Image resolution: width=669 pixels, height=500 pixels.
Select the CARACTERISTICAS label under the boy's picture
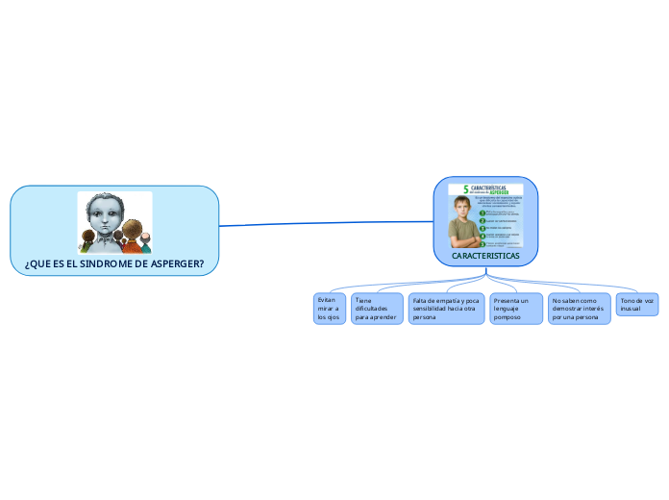485,257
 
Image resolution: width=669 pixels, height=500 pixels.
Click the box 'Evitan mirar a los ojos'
329,309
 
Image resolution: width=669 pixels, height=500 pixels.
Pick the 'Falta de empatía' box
446,309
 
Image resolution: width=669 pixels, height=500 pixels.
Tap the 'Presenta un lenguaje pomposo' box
516,309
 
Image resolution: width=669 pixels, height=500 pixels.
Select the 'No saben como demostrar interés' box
579,309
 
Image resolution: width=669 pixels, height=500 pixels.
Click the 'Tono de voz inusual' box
637,305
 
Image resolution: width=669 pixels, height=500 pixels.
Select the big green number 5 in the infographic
466,189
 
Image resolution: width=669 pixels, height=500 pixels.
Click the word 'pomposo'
507,317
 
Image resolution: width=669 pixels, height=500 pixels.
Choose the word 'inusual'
631,309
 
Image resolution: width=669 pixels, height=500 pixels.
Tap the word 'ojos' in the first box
334,317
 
